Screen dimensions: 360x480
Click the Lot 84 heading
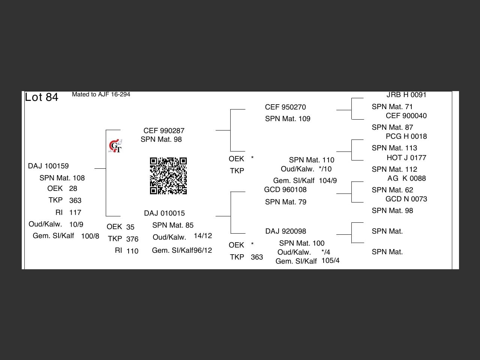[42, 97]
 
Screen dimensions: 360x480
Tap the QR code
[168, 176]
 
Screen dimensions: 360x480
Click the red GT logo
[115, 146]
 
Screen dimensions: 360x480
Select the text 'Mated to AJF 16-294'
[101, 94]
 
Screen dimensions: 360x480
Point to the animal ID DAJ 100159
[48, 166]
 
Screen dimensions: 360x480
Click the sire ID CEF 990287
[164, 131]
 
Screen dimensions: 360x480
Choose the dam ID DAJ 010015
[164, 213]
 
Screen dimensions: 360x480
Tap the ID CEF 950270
[285, 107]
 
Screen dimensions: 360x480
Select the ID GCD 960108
[285, 190]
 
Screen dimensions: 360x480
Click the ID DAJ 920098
[286, 231]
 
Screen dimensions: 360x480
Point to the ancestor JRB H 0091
[406, 95]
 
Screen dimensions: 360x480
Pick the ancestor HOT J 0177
[406, 158]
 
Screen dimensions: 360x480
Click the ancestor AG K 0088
[406, 178]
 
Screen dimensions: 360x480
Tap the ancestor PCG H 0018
[406, 136]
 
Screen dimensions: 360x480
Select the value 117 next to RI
[75, 213]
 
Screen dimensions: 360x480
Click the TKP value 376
[132, 239]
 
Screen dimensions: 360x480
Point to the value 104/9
[328, 181]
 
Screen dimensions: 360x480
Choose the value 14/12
[203, 236]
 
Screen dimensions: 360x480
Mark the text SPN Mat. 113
[394, 148]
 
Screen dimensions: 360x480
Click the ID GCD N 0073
[406, 199]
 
